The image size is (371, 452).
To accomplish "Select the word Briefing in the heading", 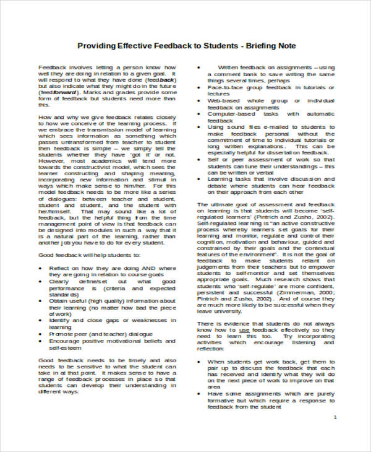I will point(259,46).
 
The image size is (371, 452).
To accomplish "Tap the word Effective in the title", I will point(139,46).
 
